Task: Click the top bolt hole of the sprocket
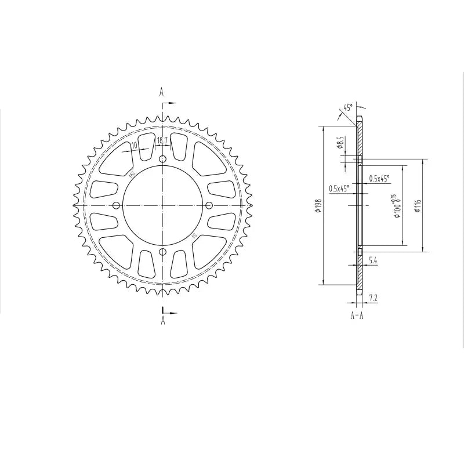point(162,159)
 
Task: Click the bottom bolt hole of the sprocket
point(162,252)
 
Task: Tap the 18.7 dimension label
point(162,140)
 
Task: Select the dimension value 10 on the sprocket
point(134,146)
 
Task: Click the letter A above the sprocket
point(162,92)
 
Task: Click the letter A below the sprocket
point(163,320)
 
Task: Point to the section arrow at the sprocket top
point(169,103)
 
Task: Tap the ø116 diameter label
point(418,206)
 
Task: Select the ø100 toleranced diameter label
point(397,206)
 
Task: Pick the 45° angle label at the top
point(347,108)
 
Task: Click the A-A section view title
point(357,316)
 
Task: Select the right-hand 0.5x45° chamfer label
point(380,179)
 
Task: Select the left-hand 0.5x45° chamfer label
point(339,188)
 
